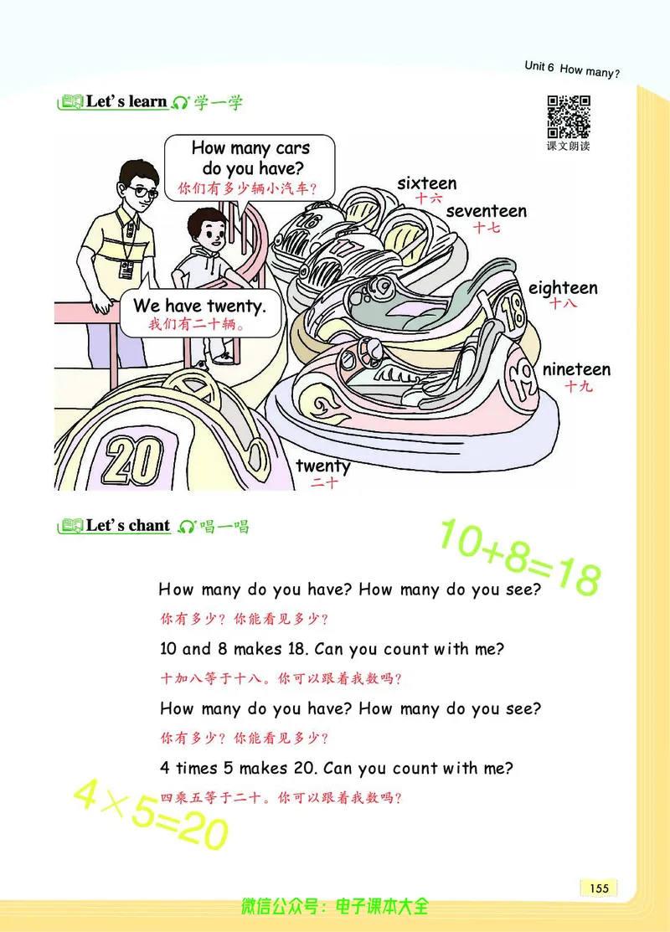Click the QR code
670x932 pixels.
tap(569, 116)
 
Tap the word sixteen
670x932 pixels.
tap(427, 183)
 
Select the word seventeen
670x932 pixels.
tap(487, 211)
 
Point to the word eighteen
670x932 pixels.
tap(563, 288)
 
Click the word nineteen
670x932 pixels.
tap(576, 369)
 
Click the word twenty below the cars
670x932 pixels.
tap(323, 466)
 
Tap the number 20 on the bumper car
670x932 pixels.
tap(132, 461)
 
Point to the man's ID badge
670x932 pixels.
tap(126, 270)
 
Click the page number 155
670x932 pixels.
tap(600, 888)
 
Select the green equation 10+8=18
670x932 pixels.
tap(520, 558)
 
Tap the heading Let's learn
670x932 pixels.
tap(126, 101)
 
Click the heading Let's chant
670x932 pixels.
tap(128, 526)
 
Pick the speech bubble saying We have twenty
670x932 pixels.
tap(200, 314)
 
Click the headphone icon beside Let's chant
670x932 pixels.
tap(187, 527)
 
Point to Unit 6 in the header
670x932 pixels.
tap(539, 67)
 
